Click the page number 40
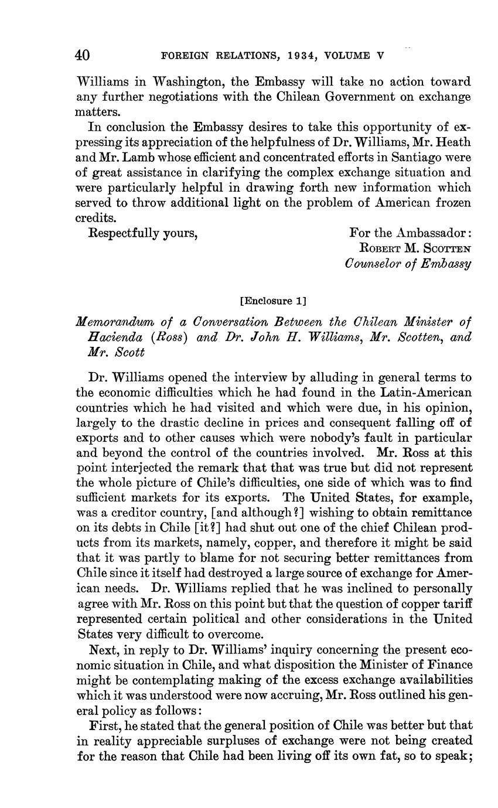82,56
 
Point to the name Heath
452,142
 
